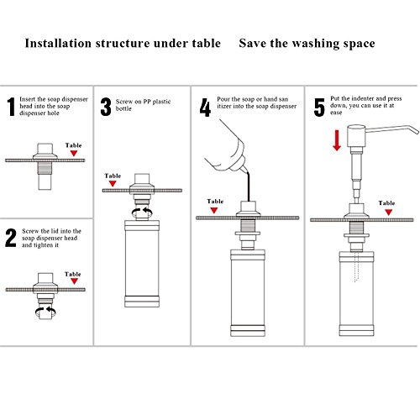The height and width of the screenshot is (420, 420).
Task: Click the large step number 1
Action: click(x=11, y=107)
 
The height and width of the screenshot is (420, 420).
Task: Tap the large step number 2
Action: click(x=11, y=238)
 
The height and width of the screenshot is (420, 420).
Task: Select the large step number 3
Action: click(x=106, y=107)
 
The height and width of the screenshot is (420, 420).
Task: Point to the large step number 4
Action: click(x=205, y=108)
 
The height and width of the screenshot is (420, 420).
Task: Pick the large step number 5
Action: click(x=319, y=108)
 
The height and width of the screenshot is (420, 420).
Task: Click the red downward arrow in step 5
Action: click(x=337, y=140)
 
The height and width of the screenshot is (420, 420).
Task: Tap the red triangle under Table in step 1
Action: click(x=74, y=153)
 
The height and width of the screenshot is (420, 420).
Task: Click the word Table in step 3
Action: click(x=113, y=176)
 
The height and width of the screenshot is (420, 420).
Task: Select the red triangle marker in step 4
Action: click(x=214, y=210)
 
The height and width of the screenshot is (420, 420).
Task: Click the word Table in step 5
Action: click(x=386, y=203)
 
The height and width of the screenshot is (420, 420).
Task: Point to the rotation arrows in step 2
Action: click(x=45, y=312)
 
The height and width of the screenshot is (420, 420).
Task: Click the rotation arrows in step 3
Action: click(x=142, y=213)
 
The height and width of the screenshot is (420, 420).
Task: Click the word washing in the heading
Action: click(x=316, y=44)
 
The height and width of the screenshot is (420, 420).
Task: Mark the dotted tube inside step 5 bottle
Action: click(x=356, y=266)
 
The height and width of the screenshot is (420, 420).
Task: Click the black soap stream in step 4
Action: click(x=248, y=187)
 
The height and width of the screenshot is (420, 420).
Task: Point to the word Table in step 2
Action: click(x=73, y=274)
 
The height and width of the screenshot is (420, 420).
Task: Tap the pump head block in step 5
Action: click(x=356, y=136)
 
